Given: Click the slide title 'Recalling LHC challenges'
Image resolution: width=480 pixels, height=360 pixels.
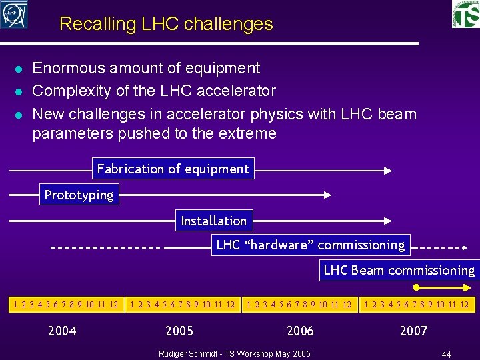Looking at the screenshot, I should coord(166,24).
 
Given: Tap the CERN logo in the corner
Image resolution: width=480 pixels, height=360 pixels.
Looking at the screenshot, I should coord(13,14).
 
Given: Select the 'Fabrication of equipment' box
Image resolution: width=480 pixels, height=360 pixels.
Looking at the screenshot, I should coord(173,169).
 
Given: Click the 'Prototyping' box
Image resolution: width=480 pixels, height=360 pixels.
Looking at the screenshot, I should coord(79,195).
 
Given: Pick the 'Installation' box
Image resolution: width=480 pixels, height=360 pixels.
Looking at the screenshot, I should coord(213,221).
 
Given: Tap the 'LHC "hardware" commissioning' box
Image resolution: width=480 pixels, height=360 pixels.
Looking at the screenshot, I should coord(311,245).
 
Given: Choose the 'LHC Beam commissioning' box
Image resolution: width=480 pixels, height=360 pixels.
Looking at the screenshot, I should coord(399,270).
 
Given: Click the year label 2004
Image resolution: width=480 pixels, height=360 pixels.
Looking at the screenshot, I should coord(62,331).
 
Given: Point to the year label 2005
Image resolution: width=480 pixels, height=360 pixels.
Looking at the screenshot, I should coord(179,331).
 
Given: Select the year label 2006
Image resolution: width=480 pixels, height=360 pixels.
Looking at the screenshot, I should coord(300,331).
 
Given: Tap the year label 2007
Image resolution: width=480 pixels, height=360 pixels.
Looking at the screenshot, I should coord(413,331).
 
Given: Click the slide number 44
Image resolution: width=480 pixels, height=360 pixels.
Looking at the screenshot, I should coord(446,354).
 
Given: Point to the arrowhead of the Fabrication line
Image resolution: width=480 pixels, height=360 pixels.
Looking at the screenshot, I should coord(387,170).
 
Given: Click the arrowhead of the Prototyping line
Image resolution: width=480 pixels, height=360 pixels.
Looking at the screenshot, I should coord(327,195).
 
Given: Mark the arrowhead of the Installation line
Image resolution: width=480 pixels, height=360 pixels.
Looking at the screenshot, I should coord(387,221).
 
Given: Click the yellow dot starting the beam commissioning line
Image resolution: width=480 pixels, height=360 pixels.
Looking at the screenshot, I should coord(416,288).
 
